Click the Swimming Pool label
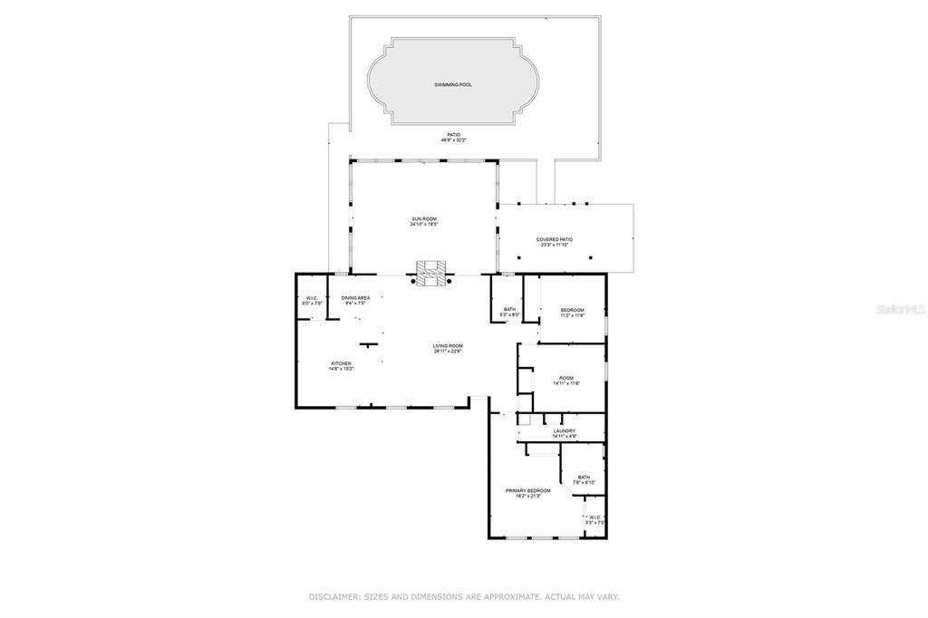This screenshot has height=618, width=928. point(452,84)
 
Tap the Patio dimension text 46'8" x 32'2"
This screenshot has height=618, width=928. point(452,140)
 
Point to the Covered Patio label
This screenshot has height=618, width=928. point(554,239)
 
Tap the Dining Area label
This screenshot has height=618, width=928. point(355,298)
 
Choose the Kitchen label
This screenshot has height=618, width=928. point(341,363)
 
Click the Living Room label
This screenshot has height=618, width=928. point(448,345)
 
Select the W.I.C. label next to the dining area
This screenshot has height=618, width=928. point(310,299)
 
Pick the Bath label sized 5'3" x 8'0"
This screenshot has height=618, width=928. point(509,309)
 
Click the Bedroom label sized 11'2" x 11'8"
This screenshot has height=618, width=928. point(572,310)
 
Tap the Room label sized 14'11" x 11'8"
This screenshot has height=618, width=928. point(566,378)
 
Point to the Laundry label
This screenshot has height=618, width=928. point(565,430)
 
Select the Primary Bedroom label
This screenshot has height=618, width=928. point(527,490)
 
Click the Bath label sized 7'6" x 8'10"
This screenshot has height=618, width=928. point(584,478)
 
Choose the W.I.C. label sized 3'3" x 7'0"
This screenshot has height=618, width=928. point(594,518)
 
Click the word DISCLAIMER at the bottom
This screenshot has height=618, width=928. point(334,597)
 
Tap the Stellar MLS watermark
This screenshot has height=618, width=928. point(900,308)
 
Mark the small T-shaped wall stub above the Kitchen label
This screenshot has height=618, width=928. point(368,344)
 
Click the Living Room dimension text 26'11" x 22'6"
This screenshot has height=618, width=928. point(448,351)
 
